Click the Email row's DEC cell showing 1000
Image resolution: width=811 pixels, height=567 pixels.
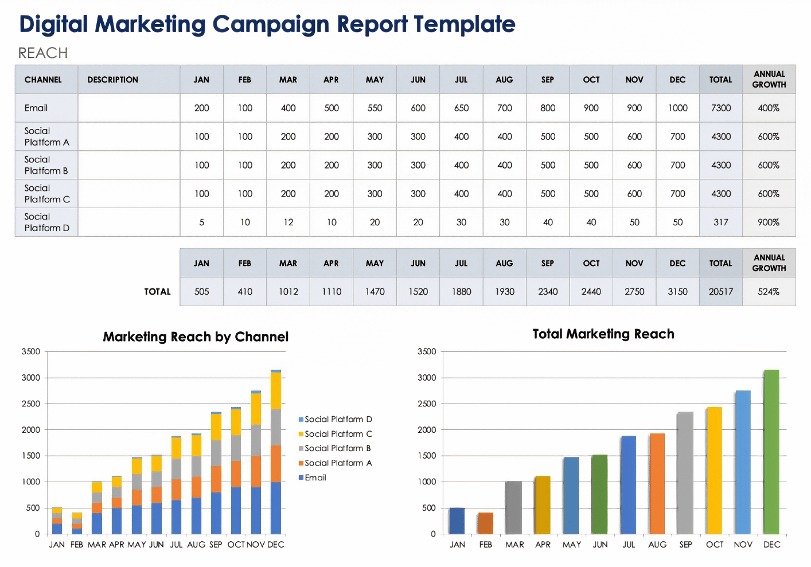(x=677, y=108)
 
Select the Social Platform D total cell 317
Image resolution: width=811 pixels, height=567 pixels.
(x=720, y=222)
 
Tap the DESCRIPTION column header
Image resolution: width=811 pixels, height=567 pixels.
(x=113, y=80)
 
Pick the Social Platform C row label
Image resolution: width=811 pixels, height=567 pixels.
(x=47, y=194)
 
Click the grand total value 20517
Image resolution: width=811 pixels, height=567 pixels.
(x=720, y=292)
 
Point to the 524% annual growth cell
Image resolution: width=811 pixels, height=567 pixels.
(x=769, y=292)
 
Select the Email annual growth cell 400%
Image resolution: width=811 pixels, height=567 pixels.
(x=769, y=108)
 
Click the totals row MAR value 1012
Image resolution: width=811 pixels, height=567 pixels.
(x=288, y=292)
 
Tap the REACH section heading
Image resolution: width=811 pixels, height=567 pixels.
(x=43, y=53)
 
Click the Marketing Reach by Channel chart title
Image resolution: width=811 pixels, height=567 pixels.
(x=196, y=337)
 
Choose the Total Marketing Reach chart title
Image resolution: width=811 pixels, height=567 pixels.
(x=603, y=334)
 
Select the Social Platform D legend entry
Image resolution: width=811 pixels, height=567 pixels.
(x=338, y=420)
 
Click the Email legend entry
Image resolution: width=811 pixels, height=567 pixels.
(x=315, y=478)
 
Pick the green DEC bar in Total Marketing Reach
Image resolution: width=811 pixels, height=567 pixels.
(x=771, y=453)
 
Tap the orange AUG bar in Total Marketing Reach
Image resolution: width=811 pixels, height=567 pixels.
(x=657, y=484)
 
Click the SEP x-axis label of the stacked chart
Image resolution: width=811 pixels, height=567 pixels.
(x=216, y=545)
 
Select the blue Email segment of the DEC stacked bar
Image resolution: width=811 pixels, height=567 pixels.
(x=276, y=509)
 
